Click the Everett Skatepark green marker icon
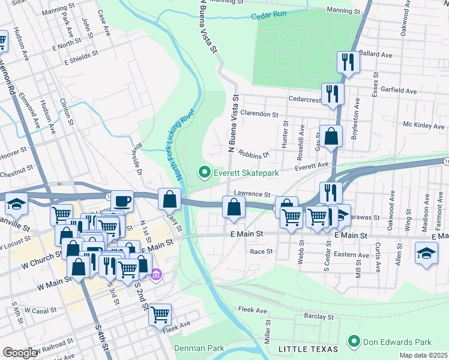[204, 173]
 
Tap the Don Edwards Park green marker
[354, 342]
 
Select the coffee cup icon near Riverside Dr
[122, 200]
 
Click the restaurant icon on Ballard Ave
[348, 61]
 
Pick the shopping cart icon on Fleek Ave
[160, 313]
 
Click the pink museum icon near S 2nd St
[156, 275]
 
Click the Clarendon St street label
[259, 113]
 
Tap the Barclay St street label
[318, 316]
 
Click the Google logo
[20, 353]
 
